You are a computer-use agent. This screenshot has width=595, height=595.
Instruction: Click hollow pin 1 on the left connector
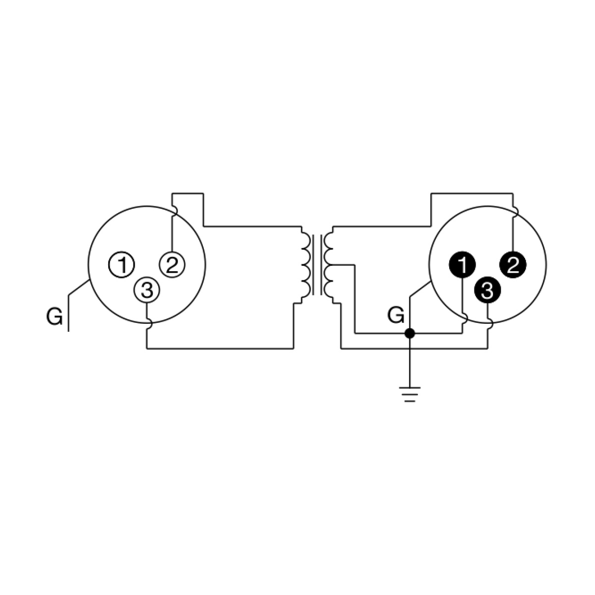121,264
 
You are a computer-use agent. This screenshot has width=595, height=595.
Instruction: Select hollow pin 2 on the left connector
172,264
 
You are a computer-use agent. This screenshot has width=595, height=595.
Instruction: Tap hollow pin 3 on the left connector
147,290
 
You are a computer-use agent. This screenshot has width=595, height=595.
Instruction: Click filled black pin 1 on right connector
462,264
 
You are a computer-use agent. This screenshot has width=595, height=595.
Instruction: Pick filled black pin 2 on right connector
513,265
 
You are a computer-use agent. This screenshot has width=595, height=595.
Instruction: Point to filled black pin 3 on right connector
487,290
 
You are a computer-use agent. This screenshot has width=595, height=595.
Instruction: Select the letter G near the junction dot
396,315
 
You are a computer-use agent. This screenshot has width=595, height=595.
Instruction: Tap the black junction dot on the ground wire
410,334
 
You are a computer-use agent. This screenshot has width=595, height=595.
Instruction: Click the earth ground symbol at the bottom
410,395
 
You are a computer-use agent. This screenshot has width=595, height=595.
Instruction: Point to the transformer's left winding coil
305,265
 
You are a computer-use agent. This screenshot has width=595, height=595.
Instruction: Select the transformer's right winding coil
329,265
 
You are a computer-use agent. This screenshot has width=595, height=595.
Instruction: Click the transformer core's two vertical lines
317,265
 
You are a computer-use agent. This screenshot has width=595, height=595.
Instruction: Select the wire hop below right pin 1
465,318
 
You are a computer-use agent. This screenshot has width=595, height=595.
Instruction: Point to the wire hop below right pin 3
491,324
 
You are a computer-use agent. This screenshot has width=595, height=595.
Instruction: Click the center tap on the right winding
343,265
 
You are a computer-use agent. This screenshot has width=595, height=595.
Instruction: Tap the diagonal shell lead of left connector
79,287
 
